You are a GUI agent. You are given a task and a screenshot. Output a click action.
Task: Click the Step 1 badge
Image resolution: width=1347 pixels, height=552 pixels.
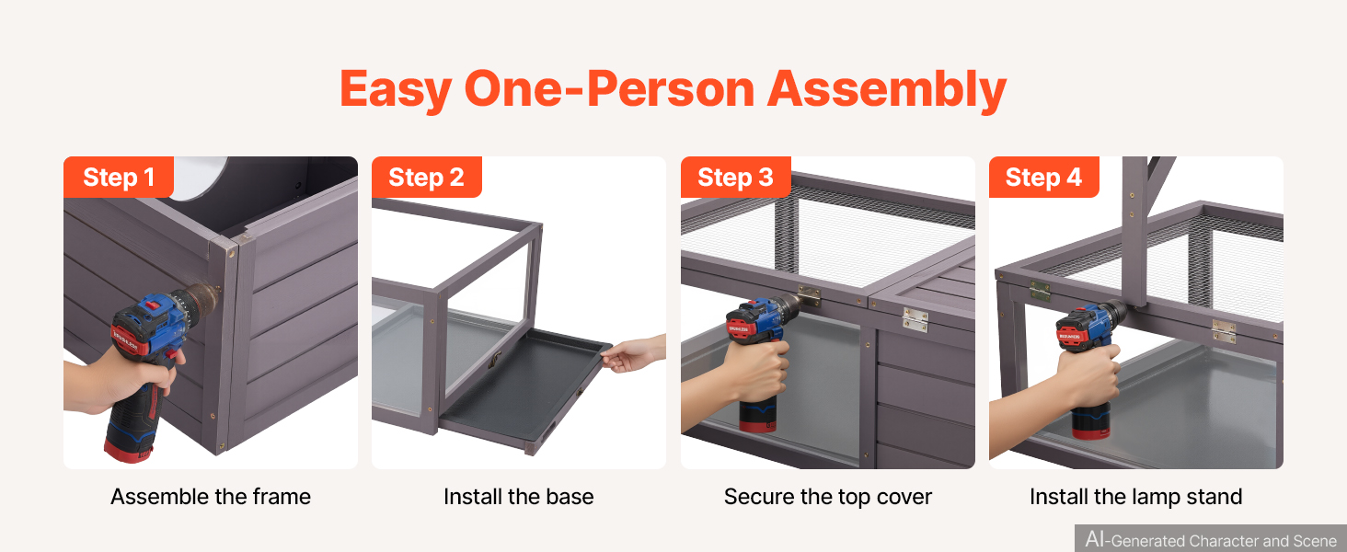tap(119, 177)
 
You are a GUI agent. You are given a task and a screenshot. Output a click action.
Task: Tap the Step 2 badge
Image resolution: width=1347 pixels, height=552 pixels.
tap(426, 177)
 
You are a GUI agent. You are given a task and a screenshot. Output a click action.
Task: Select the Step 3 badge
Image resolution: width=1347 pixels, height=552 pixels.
tap(735, 177)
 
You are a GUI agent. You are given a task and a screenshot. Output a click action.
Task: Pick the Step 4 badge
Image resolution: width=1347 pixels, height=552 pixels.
tap(1044, 177)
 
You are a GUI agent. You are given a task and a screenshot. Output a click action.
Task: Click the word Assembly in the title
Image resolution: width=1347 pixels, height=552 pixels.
tap(887, 90)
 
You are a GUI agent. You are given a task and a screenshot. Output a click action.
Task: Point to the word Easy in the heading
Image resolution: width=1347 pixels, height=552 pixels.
tap(396, 90)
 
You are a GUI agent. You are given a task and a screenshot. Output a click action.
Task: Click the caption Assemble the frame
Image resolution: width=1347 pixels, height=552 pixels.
tap(211, 497)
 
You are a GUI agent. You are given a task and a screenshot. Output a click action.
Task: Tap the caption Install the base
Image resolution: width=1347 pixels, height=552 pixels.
tap(518, 497)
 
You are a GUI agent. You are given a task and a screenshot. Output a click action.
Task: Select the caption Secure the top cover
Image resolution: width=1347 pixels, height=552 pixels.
tap(827, 497)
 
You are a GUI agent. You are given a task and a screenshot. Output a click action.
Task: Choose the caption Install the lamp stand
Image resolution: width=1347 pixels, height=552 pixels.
tap(1136, 497)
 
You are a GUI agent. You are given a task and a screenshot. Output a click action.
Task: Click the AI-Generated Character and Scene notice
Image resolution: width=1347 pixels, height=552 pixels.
tap(1211, 539)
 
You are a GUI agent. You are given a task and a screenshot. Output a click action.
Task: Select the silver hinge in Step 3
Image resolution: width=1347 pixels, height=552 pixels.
tap(915, 319)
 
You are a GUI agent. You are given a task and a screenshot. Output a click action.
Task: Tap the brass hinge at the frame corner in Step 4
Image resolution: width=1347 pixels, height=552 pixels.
tap(1040, 291)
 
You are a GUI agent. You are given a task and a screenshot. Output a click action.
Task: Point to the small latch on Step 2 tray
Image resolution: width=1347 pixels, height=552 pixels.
tap(495, 361)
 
